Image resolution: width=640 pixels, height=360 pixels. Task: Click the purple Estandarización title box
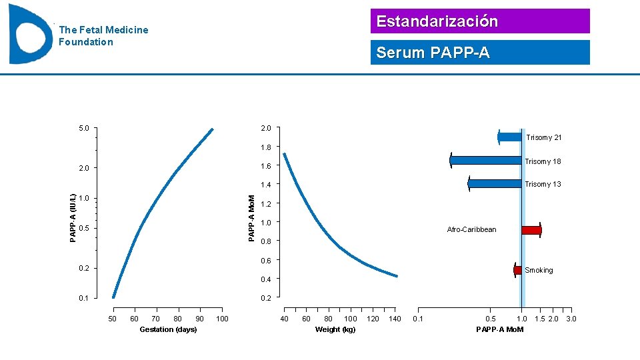coord(480,21)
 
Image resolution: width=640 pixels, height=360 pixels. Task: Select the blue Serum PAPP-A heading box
coord(480,53)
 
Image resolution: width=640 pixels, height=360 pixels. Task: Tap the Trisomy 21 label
coord(544,137)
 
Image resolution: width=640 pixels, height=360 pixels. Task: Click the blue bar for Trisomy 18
coord(486,161)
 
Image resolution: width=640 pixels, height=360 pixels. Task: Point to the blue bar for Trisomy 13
coord(495,183)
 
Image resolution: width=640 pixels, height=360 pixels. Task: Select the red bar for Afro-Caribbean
coord(531,230)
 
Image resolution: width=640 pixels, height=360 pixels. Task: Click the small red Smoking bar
coord(518,269)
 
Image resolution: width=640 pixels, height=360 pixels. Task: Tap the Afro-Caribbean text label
coord(471,230)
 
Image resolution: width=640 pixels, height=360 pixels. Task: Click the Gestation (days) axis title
coord(168,330)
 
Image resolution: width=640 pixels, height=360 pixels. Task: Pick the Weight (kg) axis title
coord(335,330)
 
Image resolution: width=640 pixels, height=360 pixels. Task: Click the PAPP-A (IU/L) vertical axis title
coord(73,218)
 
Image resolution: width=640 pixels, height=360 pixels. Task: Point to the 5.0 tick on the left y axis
coord(84,128)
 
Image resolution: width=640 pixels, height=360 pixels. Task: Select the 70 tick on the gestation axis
coord(156,319)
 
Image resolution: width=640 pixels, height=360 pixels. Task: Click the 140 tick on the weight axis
coord(395,319)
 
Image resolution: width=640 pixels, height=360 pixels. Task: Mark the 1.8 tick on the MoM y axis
coord(266,147)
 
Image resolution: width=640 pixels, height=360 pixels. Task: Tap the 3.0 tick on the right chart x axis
coord(571,319)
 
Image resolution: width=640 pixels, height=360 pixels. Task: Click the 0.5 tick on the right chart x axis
coord(491,319)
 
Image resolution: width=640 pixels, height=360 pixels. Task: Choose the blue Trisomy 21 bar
coord(510,137)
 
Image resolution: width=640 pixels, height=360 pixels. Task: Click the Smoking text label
coord(539,270)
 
